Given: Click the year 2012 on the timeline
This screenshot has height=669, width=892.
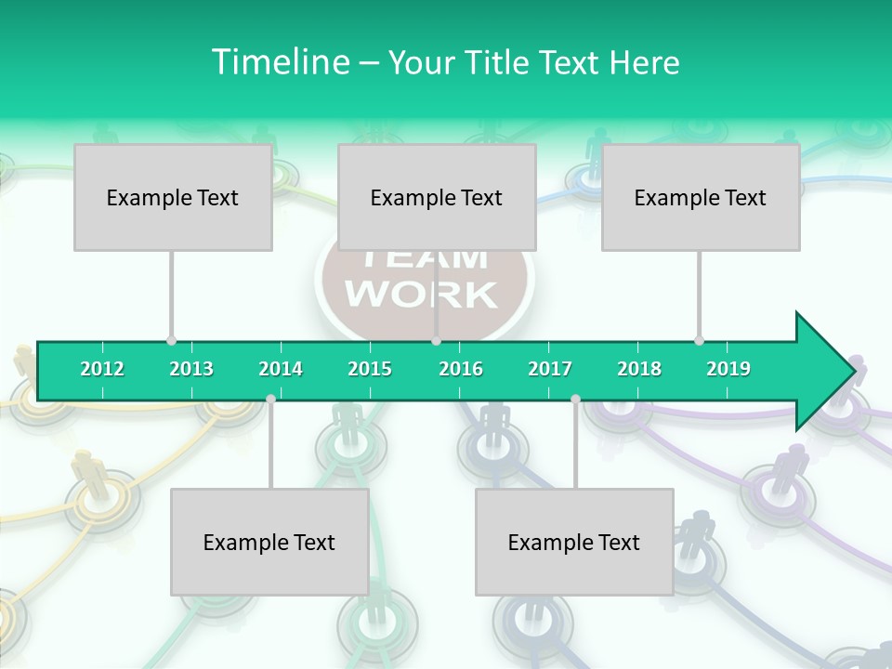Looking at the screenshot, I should [102, 369].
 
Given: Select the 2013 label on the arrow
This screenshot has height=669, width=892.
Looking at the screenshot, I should [191, 369].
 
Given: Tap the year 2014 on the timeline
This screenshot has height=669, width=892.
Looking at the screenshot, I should [281, 369].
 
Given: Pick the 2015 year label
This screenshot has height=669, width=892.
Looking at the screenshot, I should [370, 369].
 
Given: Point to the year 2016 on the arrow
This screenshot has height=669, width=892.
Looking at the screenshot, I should [461, 369].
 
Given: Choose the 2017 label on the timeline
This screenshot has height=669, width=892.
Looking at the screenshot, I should [550, 369].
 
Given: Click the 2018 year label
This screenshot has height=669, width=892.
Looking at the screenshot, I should [639, 369].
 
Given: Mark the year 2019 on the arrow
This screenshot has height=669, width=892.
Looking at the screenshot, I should [728, 369].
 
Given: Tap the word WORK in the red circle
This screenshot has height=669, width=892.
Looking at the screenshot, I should [422, 294].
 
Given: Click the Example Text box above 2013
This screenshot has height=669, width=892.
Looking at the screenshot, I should [173, 197].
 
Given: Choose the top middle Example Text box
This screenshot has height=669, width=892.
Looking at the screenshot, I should [437, 197].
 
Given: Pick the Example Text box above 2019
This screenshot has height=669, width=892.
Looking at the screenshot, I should [701, 197].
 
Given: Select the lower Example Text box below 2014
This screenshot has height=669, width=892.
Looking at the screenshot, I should [269, 542].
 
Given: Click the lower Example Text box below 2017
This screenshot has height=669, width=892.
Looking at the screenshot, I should [574, 542].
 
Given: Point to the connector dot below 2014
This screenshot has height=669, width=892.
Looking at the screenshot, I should [270, 399].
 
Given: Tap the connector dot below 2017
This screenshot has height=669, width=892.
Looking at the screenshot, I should [575, 399].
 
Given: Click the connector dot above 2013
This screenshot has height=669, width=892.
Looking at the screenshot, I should [171, 340].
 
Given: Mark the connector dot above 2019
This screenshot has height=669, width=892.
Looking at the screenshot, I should [699, 340].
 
